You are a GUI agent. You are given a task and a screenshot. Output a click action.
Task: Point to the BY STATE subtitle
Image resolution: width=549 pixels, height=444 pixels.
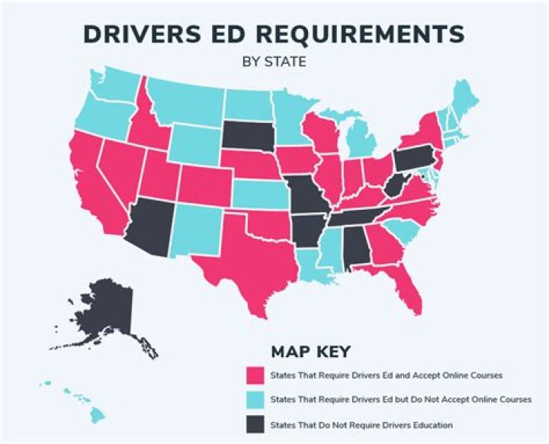[274, 60]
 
